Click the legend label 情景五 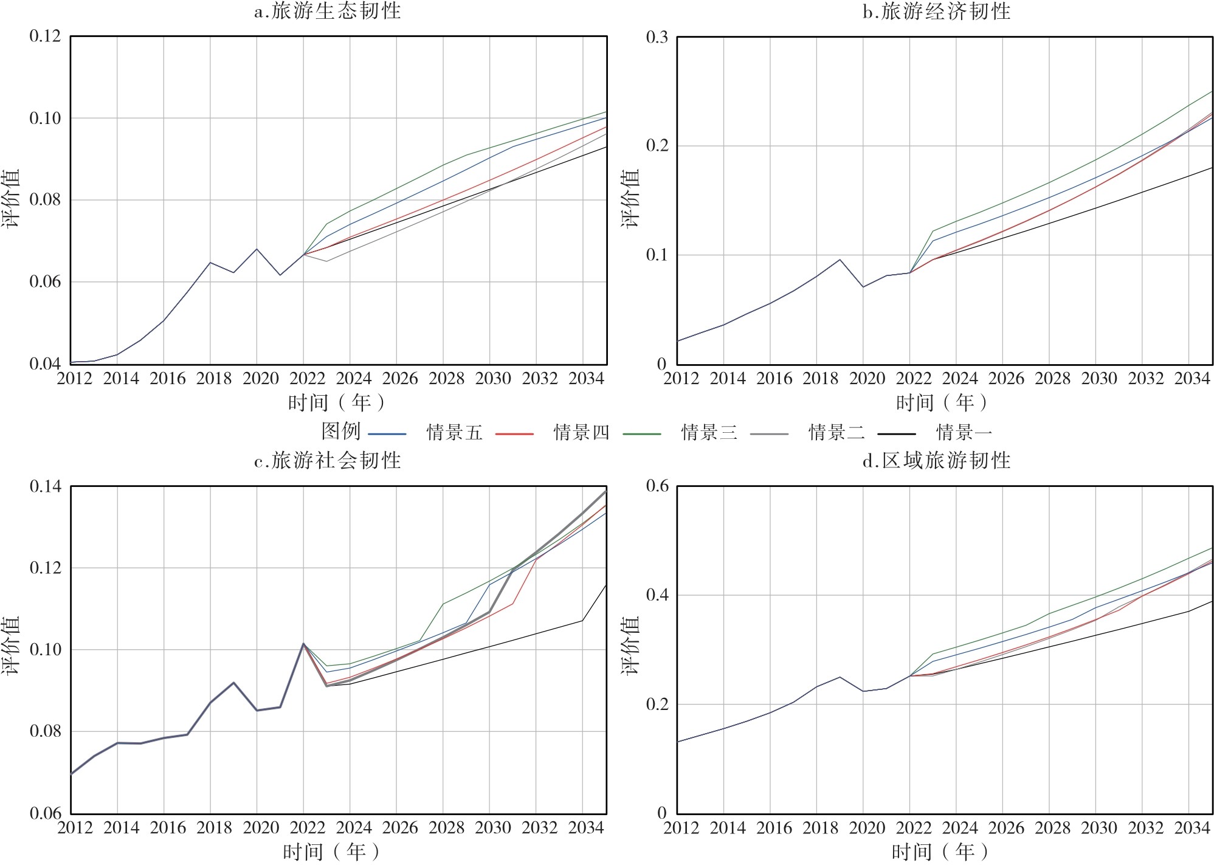(x=454, y=433)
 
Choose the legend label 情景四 (x=581, y=433)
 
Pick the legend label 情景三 (x=709, y=433)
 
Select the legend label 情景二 (x=836, y=433)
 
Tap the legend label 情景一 (x=964, y=433)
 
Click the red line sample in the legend (x=514, y=434)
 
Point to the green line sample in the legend (x=642, y=434)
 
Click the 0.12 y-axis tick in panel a (x=45, y=36)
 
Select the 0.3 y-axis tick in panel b (x=657, y=37)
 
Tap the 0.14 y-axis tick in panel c (x=45, y=486)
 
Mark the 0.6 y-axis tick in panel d (x=657, y=486)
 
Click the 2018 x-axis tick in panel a (x=214, y=379)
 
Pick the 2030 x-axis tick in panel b (x=1099, y=379)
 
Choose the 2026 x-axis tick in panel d (x=1006, y=828)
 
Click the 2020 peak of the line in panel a (x=257, y=249)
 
